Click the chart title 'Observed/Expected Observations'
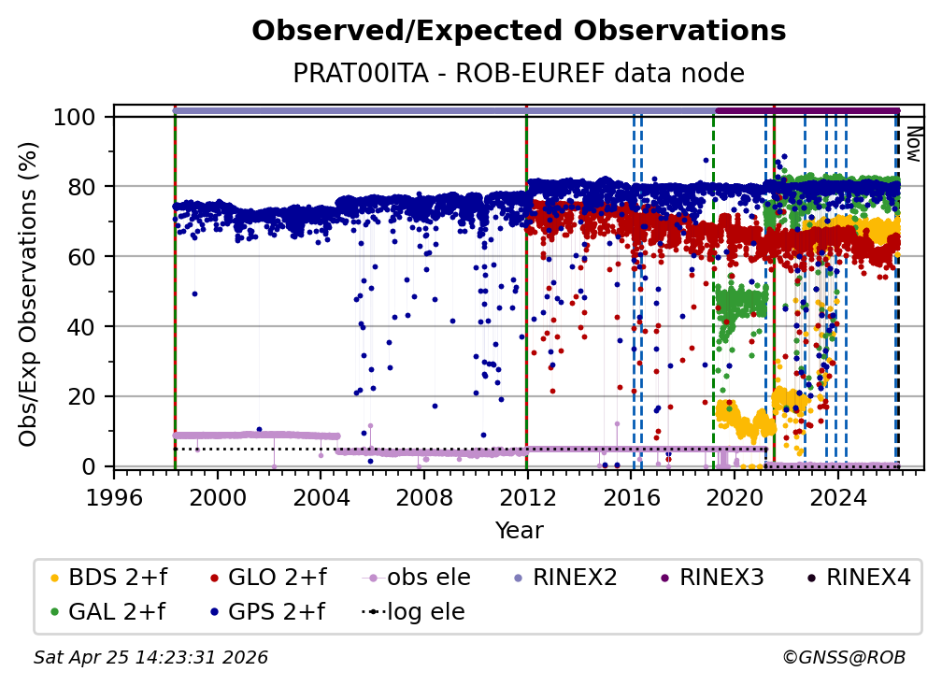[x=519, y=31]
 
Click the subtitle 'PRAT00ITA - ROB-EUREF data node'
[x=519, y=74]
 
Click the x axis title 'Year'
[x=519, y=531]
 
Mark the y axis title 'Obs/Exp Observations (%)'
[x=31, y=293]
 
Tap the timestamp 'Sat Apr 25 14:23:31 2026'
[x=150, y=658]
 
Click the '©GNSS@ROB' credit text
[x=843, y=658]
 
